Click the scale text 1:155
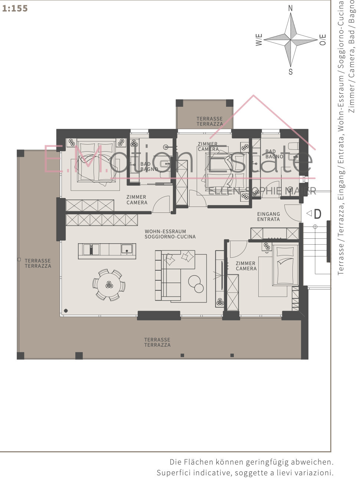[x=15, y=9]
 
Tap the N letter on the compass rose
[x=290, y=8]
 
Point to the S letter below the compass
[x=291, y=72]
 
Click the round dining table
[x=109, y=285]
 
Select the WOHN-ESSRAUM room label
[x=165, y=231]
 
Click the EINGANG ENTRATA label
[x=269, y=217]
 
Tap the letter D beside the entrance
[x=318, y=214]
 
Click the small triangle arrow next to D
[x=309, y=213]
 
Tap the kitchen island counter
[x=107, y=251]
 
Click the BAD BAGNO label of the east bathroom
[x=274, y=154]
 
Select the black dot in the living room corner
[x=66, y=311]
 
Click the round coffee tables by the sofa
[x=196, y=284]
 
